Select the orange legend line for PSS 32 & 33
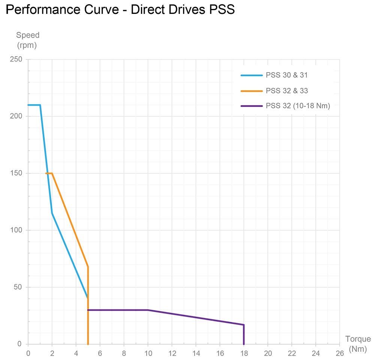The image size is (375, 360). coord(251,91)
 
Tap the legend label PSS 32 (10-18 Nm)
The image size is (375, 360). coord(297,106)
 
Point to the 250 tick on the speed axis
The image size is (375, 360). coord(16,59)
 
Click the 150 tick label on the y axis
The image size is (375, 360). coord(16,173)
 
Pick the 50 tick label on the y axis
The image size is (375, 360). coord(18,287)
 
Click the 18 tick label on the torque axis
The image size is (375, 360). coord(244,353)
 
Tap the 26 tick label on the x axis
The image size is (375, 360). coord(340,353)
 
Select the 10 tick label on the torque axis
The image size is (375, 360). coord(148,353)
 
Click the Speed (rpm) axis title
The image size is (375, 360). coord(27,40)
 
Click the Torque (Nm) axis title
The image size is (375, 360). coord(358,344)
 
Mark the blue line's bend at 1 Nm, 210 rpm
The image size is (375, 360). coord(40,105)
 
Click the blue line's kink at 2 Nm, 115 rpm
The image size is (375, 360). coord(52,213)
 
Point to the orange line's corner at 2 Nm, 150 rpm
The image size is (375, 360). coord(52,173)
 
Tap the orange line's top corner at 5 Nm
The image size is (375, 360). coord(88,267)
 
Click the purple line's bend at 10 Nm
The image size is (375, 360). coord(148,310)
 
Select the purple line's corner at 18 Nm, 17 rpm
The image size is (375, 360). coord(244,325)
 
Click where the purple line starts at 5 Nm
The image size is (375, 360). coord(88,310)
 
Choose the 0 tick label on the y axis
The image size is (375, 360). coord(19,344)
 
